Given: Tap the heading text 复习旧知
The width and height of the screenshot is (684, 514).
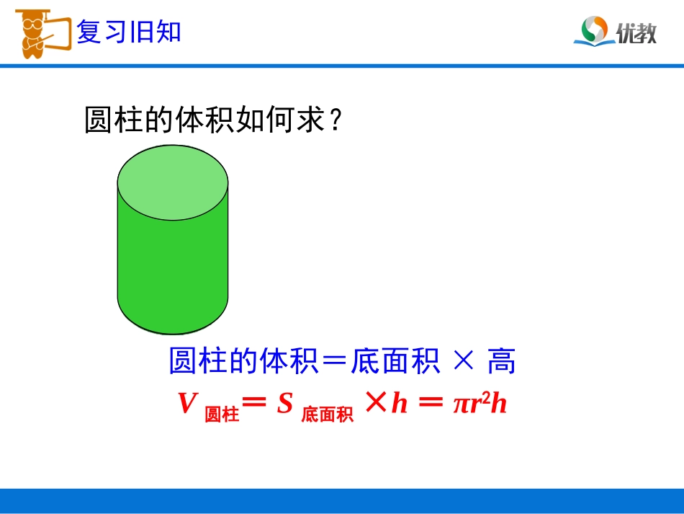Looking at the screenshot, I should pyautogui.click(x=129, y=32).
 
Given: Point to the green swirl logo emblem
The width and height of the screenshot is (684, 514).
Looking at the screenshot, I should pyautogui.click(x=593, y=30).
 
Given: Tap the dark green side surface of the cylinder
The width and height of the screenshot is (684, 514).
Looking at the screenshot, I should pyautogui.click(x=173, y=274).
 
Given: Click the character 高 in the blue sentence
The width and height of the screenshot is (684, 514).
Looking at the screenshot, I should pyautogui.click(x=501, y=361).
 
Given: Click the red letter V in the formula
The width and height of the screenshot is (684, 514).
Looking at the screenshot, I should pyautogui.click(x=187, y=404).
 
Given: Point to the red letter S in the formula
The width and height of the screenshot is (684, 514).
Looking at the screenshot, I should pyautogui.click(x=285, y=404).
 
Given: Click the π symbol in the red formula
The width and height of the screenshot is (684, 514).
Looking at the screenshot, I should pyautogui.click(x=461, y=405).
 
